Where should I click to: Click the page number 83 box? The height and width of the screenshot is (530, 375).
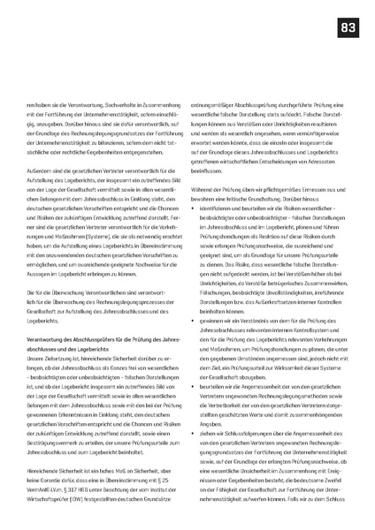[x=347, y=27]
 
